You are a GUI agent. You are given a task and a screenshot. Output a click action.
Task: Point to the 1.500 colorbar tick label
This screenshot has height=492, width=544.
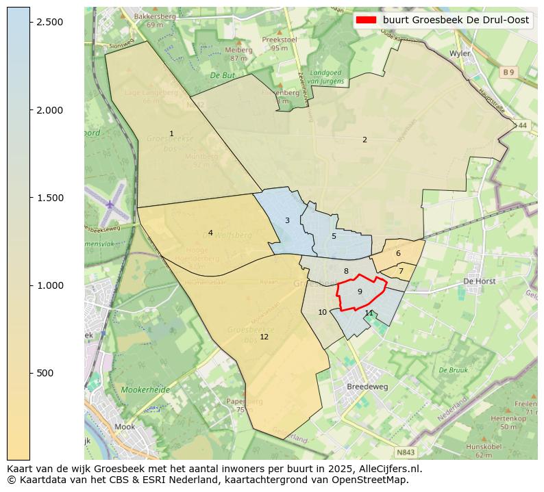(x=49, y=198)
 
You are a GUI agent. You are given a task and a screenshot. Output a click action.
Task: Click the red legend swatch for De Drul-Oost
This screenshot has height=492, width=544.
(x=367, y=20)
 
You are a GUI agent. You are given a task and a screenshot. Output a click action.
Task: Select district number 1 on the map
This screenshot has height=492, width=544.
(x=171, y=133)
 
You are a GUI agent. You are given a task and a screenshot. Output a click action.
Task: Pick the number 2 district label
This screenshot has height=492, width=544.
(x=364, y=140)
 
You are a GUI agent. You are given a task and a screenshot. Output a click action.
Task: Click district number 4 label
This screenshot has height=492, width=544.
(x=210, y=233)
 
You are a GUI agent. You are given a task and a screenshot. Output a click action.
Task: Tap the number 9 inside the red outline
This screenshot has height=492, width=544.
(x=360, y=292)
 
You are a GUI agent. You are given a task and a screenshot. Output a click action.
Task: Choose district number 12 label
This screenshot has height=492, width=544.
(x=264, y=337)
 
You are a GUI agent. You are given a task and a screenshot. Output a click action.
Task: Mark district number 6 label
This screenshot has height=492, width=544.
(x=398, y=253)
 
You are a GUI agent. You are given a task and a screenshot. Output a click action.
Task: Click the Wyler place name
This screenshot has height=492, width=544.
(x=458, y=53)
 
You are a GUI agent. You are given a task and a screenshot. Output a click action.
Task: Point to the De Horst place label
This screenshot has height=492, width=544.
(x=479, y=281)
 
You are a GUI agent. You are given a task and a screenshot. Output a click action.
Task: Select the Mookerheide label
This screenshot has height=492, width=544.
(x=145, y=389)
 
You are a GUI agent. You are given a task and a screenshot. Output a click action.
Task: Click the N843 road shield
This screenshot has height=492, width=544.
(x=406, y=452)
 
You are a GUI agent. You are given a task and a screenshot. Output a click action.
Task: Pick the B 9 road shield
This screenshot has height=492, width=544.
(x=508, y=72)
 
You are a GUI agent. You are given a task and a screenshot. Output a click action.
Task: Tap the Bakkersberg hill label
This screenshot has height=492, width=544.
(x=155, y=16)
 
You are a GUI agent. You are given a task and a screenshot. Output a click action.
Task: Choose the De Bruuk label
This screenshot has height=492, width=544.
(x=453, y=370)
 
